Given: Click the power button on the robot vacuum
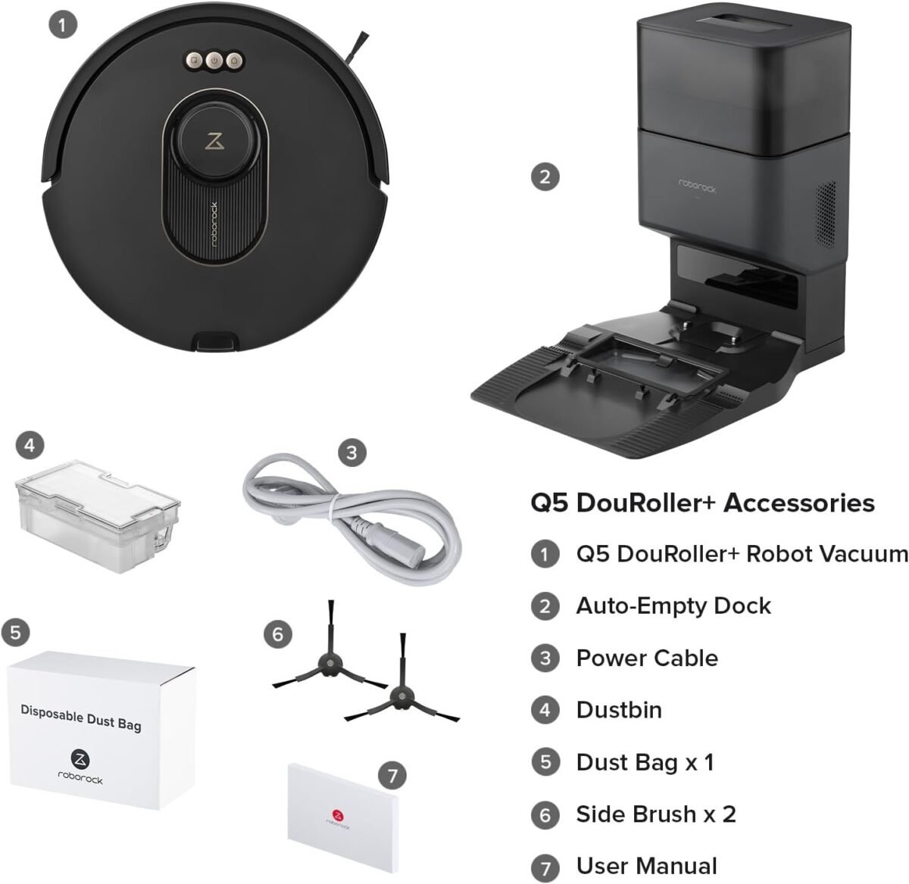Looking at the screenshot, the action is pos(214,61).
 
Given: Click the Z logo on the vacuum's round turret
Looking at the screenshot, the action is pos(215,142).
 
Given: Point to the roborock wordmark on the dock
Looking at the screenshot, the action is pos(697,185).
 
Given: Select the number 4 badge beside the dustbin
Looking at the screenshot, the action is pos(30,445).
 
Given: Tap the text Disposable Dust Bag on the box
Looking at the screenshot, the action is pos(81,719).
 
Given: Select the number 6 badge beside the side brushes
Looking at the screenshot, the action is pos(277,634).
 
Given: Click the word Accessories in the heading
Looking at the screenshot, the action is pos(799,503).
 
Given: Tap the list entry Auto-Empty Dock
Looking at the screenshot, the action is pos(673,606).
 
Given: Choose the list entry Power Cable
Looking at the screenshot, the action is pos(647,658).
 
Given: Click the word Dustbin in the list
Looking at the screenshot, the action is pos(619,710).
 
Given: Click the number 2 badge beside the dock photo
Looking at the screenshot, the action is pos(545,177).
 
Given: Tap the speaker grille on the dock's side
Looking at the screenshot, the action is pos(826,214).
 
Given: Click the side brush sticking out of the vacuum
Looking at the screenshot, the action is pos(355,45).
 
